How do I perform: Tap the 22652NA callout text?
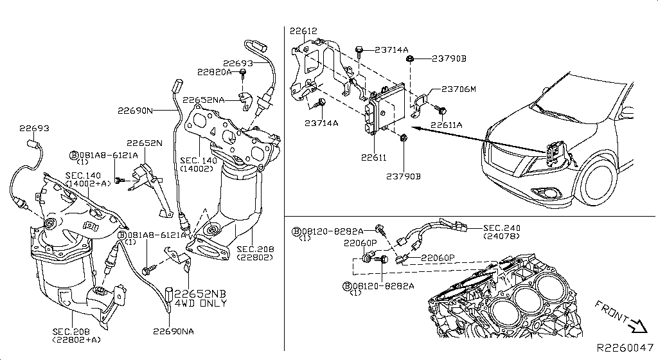pos(203,100)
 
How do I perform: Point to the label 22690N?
pos(135,110)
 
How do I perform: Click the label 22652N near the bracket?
pos(144,143)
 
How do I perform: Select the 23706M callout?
pos(458,89)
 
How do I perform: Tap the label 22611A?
pos(446,125)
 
